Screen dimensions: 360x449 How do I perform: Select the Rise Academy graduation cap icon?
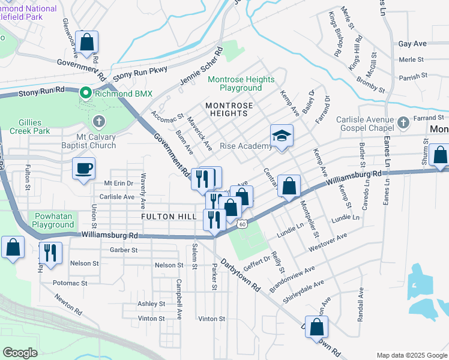click(280, 136)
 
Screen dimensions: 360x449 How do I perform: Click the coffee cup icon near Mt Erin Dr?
click(83, 167)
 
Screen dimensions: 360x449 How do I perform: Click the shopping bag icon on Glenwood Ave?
click(87, 43)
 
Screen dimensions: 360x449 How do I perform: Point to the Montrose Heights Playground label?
click(241, 83)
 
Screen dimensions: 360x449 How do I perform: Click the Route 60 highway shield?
click(241, 224)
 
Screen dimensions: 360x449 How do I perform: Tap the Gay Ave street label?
click(412, 44)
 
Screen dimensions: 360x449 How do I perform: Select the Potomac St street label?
click(71, 282)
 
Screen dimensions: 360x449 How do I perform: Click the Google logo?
click(20, 353)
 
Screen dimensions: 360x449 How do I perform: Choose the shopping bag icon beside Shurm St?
click(439, 155)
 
